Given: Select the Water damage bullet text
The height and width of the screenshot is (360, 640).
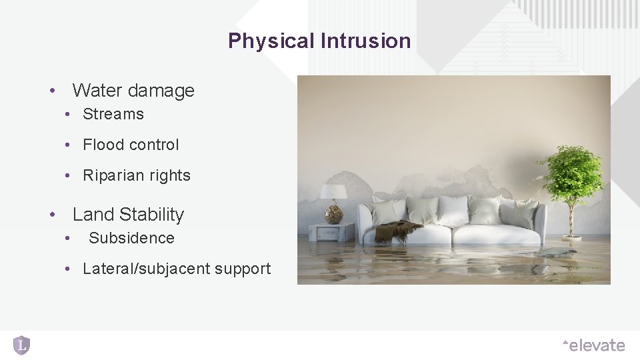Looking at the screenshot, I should click(x=133, y=90).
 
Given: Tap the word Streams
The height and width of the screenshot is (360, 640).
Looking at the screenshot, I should click(x=113, y=114).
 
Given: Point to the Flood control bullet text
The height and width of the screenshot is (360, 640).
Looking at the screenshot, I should click(x=131, y=145).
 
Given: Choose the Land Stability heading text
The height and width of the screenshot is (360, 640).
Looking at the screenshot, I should click(x=128, y=214).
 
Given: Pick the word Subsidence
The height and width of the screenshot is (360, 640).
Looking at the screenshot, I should click(x=131, y=238).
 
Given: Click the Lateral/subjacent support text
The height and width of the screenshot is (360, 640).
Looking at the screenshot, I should click(x=177, y=269).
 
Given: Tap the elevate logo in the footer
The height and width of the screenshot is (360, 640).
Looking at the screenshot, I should click(x=593, y=345).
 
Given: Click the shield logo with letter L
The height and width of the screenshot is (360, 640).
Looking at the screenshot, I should click(x=21, y=345).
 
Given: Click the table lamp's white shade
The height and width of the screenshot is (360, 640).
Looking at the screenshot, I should click(x=333, y=192).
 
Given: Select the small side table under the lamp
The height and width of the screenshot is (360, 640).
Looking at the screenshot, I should click(x=331, y=232).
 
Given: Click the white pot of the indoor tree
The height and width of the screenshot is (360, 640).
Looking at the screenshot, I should click(x=571, y=237).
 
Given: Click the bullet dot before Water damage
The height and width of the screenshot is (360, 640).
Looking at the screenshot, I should click(x=51, y=91).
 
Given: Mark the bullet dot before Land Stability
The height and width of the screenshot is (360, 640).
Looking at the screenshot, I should click(x=51, y=215).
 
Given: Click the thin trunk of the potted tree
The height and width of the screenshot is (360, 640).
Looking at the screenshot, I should click(x=571, y=217).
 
